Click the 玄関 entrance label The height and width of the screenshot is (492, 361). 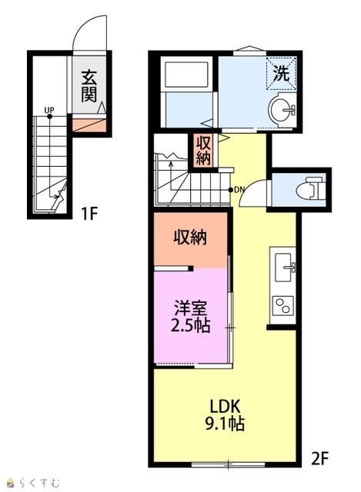[89, 86]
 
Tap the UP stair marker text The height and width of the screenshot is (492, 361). [49, 110]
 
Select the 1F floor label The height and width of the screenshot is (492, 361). [89, 214]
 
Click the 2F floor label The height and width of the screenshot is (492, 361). [319, 459]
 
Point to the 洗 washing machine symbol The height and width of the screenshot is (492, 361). [281, 74]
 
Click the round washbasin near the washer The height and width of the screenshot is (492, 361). [282, 109]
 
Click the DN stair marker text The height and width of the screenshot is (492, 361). [239, 189]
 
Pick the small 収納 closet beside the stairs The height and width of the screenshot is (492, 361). [203, 151]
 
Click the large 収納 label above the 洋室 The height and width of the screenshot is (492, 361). [190, 238]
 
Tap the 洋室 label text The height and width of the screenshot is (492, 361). [191, 308]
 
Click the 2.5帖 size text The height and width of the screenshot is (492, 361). [190, 325]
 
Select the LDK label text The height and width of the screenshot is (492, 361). [225, 407]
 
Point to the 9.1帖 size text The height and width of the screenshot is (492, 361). [225, 424]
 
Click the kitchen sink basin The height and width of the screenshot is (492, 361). [283, 268]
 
